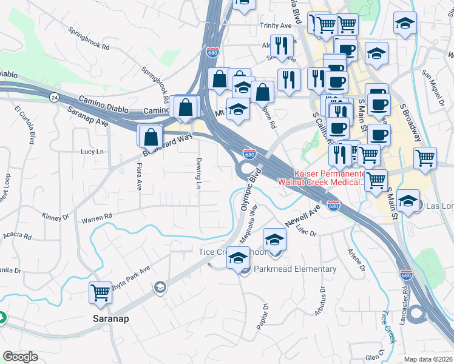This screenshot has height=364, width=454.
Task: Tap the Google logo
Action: pos(20,357)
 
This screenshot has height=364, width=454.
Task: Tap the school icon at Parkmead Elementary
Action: pos(239,260)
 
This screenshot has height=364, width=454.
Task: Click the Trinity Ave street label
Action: pos(276,26)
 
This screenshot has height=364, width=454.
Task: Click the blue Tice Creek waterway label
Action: pos(388,327)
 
